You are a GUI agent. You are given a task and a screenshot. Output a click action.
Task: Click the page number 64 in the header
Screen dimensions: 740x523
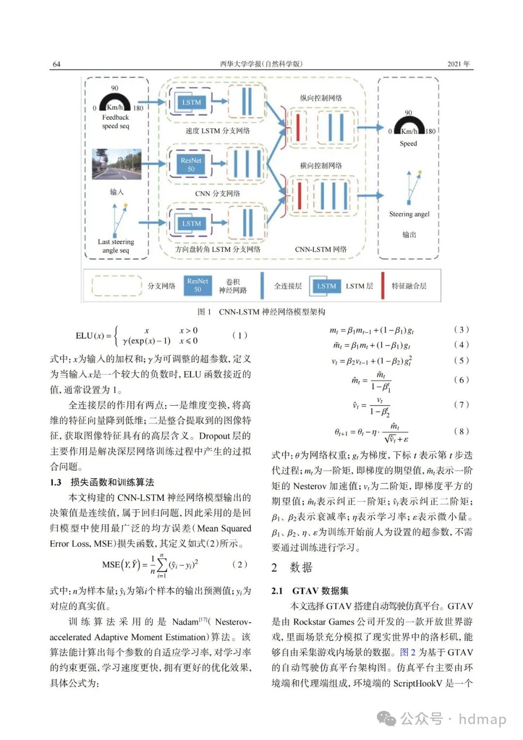point(57,64)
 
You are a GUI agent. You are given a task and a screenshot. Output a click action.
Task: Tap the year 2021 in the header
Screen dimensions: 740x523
point(458,64)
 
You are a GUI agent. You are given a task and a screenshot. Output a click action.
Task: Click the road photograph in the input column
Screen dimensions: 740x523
point(117,164)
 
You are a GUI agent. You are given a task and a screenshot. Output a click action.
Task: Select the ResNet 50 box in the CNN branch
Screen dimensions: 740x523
point(191,164)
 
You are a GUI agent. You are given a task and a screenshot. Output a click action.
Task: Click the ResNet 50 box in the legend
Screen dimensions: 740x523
point(198,285)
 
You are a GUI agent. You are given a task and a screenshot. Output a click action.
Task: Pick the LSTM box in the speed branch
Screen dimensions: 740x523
point(191,102)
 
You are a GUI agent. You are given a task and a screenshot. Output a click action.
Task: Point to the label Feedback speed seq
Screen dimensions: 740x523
point(116,122)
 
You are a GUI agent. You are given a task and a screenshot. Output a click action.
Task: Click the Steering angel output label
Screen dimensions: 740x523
point(409,214)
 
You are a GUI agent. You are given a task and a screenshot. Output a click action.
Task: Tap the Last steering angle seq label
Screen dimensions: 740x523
point(116,246)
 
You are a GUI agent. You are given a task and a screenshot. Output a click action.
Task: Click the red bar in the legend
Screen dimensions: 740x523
point(383,285)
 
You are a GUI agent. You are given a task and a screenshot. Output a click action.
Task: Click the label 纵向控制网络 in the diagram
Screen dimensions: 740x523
point(321,98)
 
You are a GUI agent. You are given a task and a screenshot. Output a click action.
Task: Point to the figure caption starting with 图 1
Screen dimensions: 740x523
point(261,312)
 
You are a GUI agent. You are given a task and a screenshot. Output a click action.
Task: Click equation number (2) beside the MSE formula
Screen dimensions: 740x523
point(240,564)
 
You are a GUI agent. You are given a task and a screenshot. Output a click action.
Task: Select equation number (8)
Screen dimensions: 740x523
point(461,431)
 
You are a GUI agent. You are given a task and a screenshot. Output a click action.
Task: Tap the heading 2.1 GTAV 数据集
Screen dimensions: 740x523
point(310,591)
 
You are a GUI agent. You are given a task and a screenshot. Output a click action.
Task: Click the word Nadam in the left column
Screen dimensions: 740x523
point(185,622)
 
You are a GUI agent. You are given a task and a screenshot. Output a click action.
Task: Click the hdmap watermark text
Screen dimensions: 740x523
point(482,719)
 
